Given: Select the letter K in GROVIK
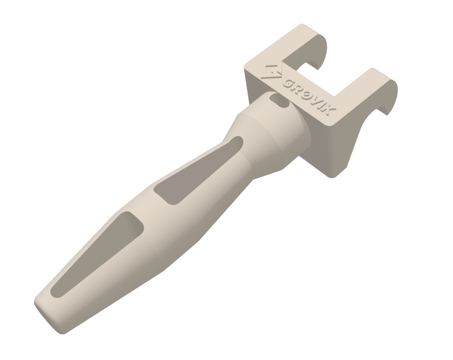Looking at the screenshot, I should (x=328, y=111).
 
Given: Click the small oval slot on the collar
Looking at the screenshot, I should (x=279, y=100).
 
